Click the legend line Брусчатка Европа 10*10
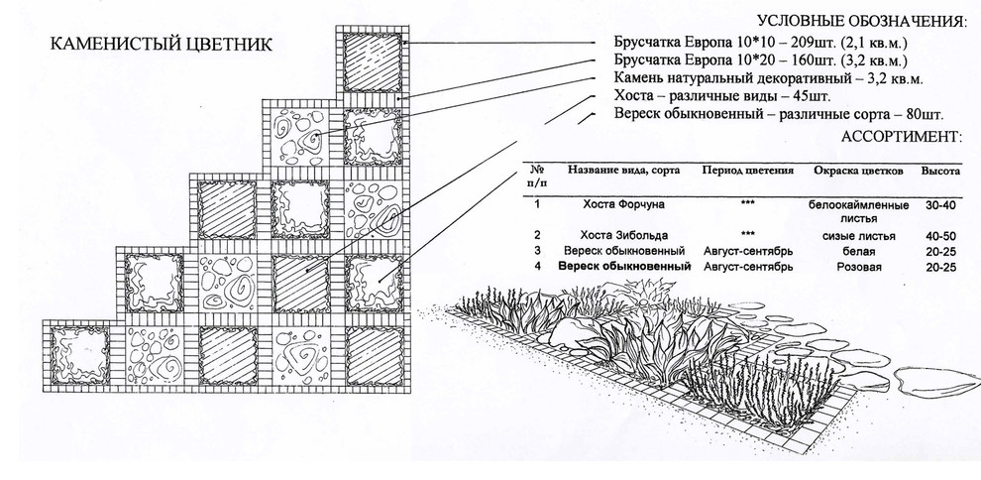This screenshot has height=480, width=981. tap(761, 45)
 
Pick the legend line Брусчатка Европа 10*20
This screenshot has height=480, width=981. tap(761, 61)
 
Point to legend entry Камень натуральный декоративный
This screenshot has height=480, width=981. tap(768, 79)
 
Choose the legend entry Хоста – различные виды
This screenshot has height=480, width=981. tap(721, 97)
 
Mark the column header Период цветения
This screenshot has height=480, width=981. tap(748, 171)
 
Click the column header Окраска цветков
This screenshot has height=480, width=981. tap(858, 171)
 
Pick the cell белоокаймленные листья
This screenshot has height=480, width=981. tap(858, 210)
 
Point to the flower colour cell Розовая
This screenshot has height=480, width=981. tap(858, 267)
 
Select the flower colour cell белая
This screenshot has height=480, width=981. tap(858, 252)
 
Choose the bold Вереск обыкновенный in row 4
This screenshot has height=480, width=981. tap(624, 267)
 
